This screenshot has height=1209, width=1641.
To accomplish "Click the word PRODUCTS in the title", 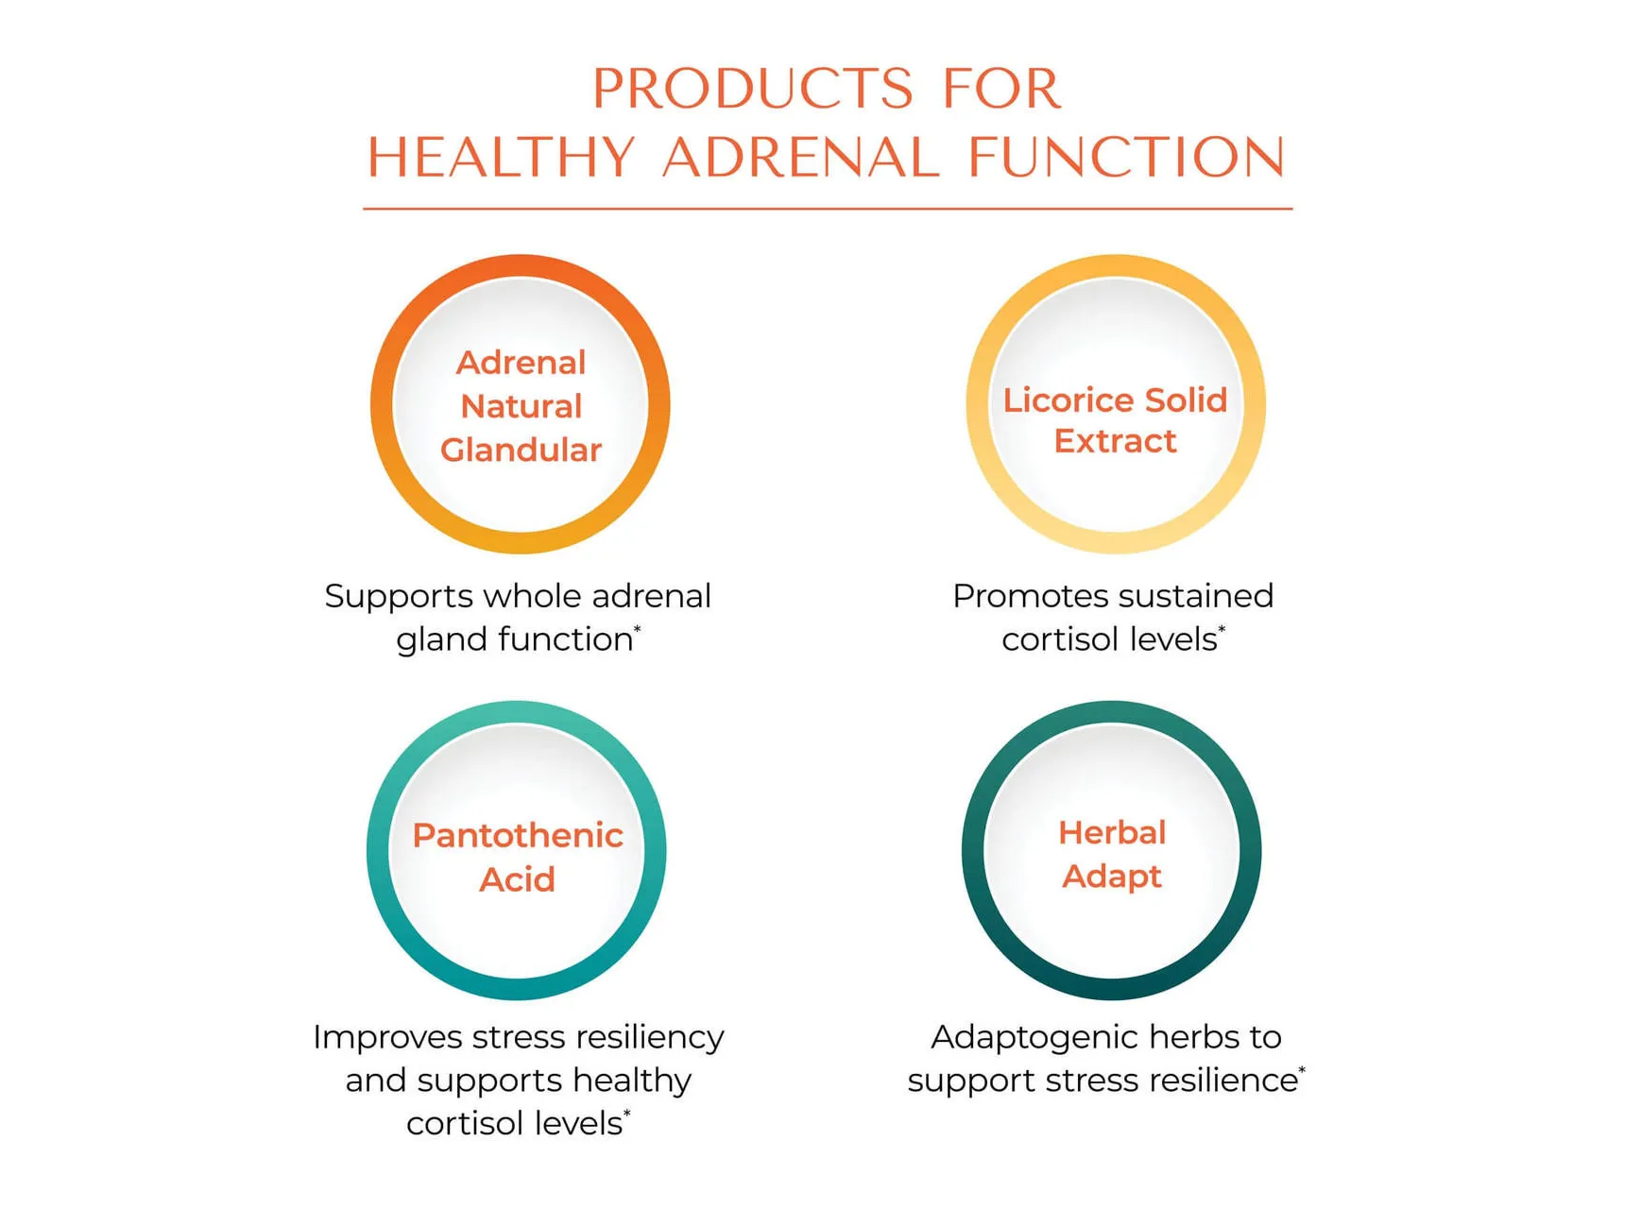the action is (753, 89).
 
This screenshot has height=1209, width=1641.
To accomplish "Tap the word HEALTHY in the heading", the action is (501, 157).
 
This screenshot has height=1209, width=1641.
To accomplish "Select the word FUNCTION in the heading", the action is (1126, 157).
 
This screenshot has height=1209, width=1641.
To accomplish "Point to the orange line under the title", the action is (828, 208).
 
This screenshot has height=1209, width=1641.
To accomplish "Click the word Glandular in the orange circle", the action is (521, 450).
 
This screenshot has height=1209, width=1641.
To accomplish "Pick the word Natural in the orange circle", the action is (521, 406).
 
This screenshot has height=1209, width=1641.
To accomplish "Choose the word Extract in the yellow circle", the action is (1115, 441).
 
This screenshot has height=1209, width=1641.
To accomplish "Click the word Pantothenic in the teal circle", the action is (518, 835).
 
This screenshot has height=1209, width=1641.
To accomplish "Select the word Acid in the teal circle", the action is (517, 879).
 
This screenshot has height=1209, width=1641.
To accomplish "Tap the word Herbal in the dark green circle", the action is (1112, 832).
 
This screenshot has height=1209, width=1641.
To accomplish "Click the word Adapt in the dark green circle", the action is (1112, 877).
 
